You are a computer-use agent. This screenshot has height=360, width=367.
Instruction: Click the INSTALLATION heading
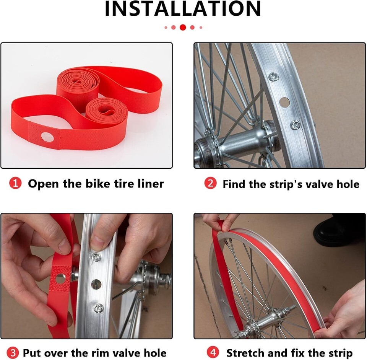point(183,8)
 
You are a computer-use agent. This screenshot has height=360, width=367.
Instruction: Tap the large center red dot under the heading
point(183,28)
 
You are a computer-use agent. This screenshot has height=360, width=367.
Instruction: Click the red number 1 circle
point(15,183)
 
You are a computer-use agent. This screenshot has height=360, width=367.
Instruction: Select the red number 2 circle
point(210,183)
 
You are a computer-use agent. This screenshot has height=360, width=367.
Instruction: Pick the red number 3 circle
point(13,352)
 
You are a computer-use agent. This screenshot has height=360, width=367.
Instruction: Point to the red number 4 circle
point(213,352)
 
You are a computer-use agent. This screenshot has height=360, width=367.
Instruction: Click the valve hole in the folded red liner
point(47,137)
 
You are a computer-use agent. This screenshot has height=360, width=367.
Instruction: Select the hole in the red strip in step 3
point(61,279)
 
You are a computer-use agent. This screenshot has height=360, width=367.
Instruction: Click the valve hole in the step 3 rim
point(96,284)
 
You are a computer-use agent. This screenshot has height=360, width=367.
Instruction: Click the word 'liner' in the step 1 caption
point(151,183)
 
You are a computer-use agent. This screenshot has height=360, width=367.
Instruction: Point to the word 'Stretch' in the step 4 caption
point(245,352)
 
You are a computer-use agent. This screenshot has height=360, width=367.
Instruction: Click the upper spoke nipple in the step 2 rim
point(273,77)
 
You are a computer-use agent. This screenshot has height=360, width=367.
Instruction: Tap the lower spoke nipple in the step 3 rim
point(98,309)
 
